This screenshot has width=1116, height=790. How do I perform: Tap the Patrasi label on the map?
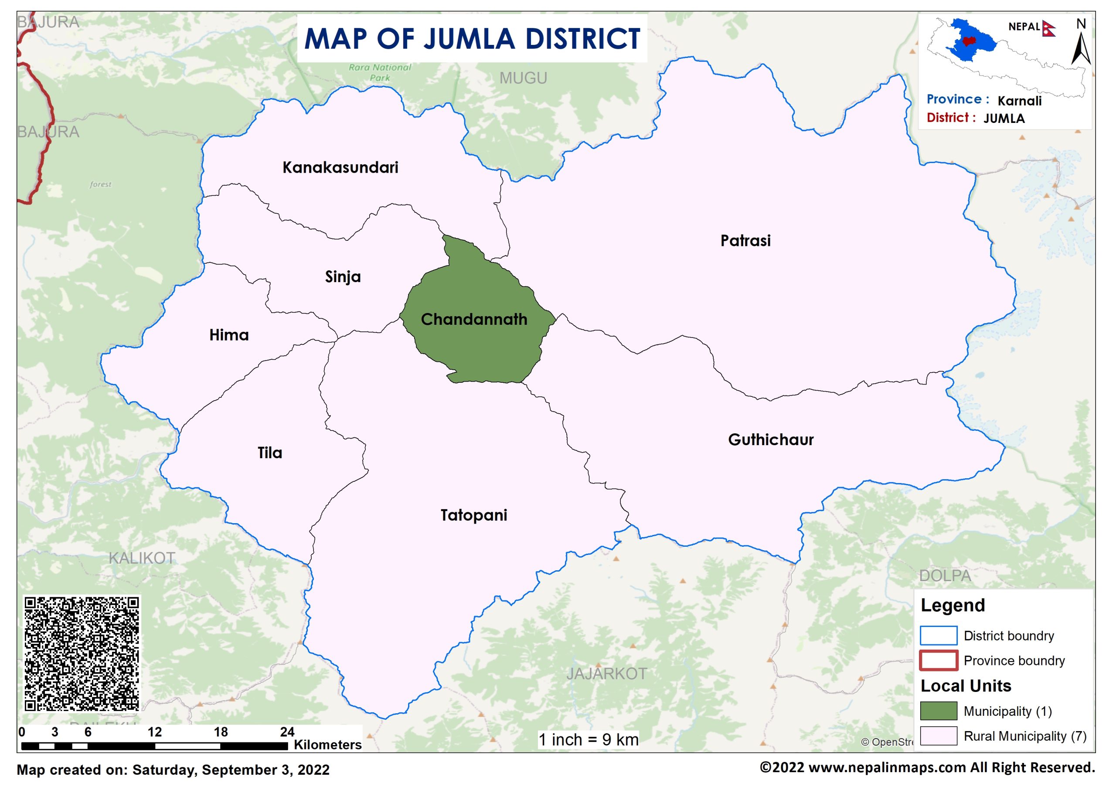click(x=745, y=241)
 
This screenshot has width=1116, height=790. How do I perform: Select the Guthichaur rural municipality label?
click(x=770, y=440)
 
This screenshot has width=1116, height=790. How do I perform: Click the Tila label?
click(x=269, y=453)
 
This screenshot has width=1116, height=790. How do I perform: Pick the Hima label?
click(x=228, y=335)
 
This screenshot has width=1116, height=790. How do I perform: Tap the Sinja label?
click(x=343, y=277)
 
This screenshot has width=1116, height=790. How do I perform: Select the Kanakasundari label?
click(x=340, y=167)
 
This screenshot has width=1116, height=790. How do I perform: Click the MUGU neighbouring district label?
click(x=523, y=78)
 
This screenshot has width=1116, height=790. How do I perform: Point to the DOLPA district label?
click(x=944, y=576)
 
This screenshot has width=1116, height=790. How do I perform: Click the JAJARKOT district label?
click(x=606, y=674)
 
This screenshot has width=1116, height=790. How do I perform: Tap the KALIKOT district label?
click(x=142, y=558)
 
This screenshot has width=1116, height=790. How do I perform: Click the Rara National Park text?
click(x=379, y=72)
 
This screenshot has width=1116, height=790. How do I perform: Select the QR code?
click(x=82, y=654)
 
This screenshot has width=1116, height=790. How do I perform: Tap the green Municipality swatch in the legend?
click(x=938, y=711)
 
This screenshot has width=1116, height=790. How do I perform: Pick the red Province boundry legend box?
click(x=938, y=661)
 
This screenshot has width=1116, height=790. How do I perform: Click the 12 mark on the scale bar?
click(x=155, y=732)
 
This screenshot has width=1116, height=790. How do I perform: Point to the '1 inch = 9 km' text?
click(x=588, y=740)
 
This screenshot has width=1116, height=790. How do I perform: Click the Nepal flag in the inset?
click(x=1048, y=28)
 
